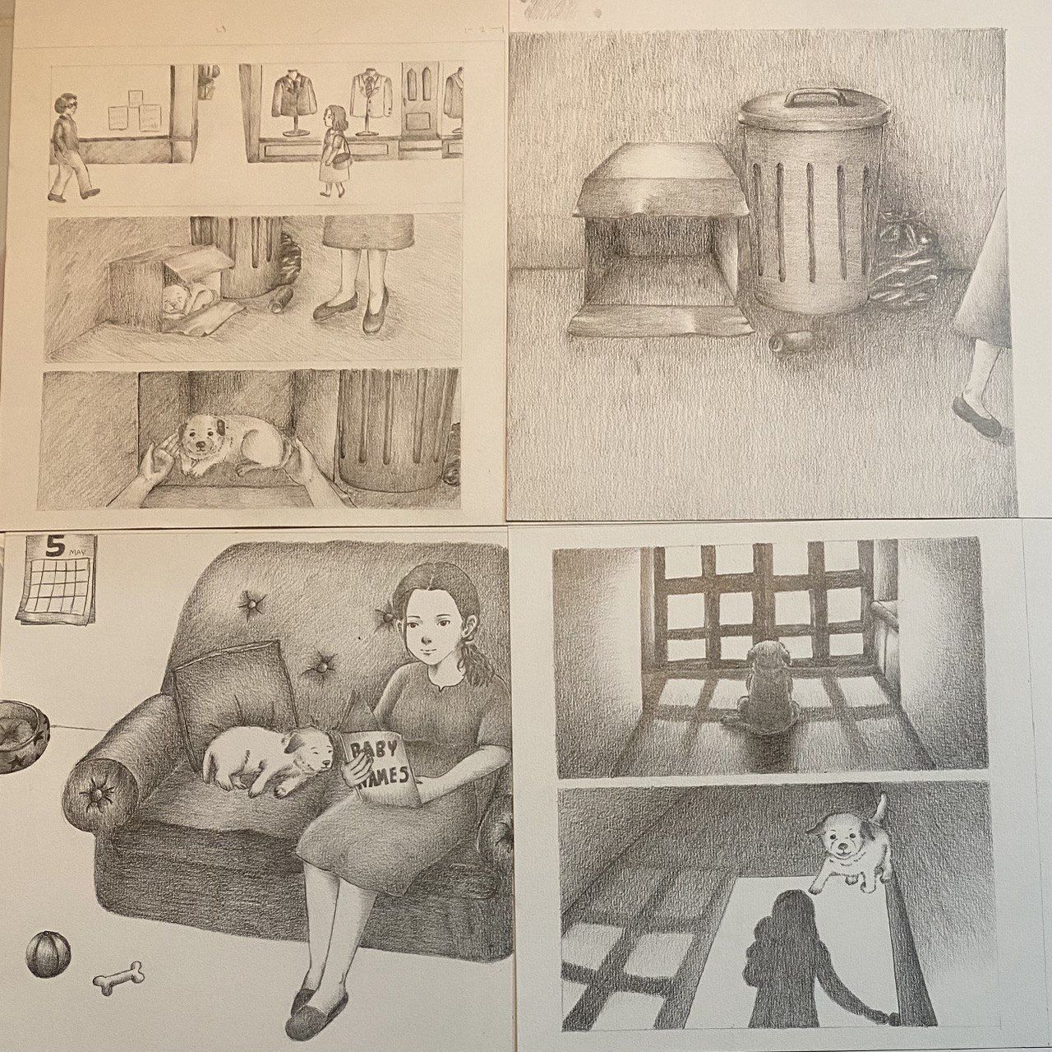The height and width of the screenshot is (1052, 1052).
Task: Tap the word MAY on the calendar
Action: tap(77, 553)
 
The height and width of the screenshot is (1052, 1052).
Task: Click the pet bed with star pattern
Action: tap(23, 737)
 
